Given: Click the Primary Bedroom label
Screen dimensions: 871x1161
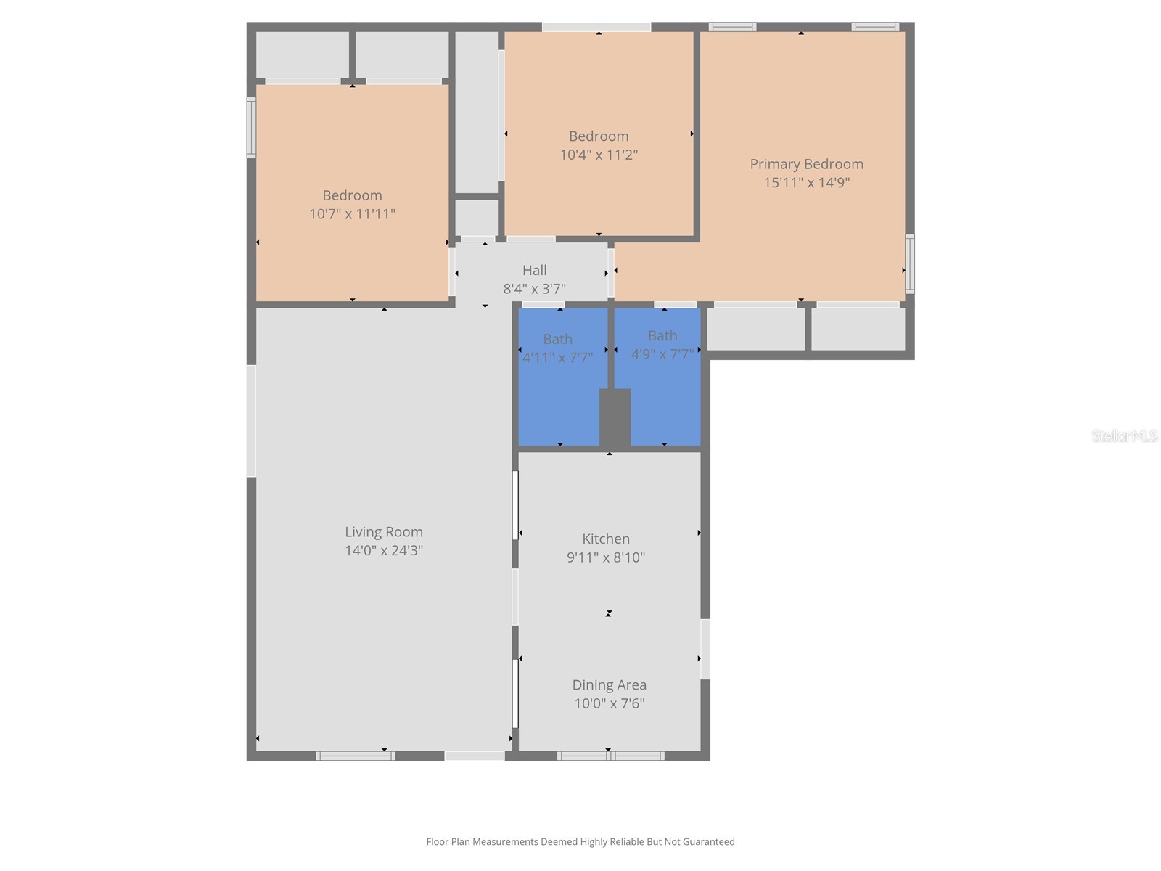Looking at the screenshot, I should click(806, 164).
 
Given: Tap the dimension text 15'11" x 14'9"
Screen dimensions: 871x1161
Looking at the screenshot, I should click(806, 182).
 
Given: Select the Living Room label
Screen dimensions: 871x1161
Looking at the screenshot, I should click(383, 532).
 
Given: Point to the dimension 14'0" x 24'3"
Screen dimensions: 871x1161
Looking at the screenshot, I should click(383, 550).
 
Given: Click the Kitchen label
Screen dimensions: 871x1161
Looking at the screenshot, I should click(606, 539).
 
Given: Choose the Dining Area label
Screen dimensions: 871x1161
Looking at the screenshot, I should click(609, 684).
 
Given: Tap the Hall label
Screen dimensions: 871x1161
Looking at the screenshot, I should click(534, 270).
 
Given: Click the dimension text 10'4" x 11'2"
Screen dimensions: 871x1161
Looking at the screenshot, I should click(599, 155).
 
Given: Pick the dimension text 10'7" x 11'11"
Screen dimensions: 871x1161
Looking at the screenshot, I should click(352, 214).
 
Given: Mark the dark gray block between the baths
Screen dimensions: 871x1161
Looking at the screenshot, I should click(615, 417).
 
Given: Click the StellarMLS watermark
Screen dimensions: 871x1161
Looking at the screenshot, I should click(1124, 435).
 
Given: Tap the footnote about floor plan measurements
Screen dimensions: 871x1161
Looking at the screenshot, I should click(580, 842).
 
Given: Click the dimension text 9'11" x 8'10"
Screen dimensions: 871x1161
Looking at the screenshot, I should click(606, 557).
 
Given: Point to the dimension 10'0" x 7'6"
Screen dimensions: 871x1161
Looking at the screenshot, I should click(609, 703).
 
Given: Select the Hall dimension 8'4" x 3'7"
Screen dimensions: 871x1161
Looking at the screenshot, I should click(534, 289).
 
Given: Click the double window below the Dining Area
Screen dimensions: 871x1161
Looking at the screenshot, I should click(610, 756).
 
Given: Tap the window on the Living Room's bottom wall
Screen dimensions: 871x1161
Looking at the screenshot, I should click(356, 756).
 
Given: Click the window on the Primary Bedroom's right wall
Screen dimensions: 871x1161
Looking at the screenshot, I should click(909, 263).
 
